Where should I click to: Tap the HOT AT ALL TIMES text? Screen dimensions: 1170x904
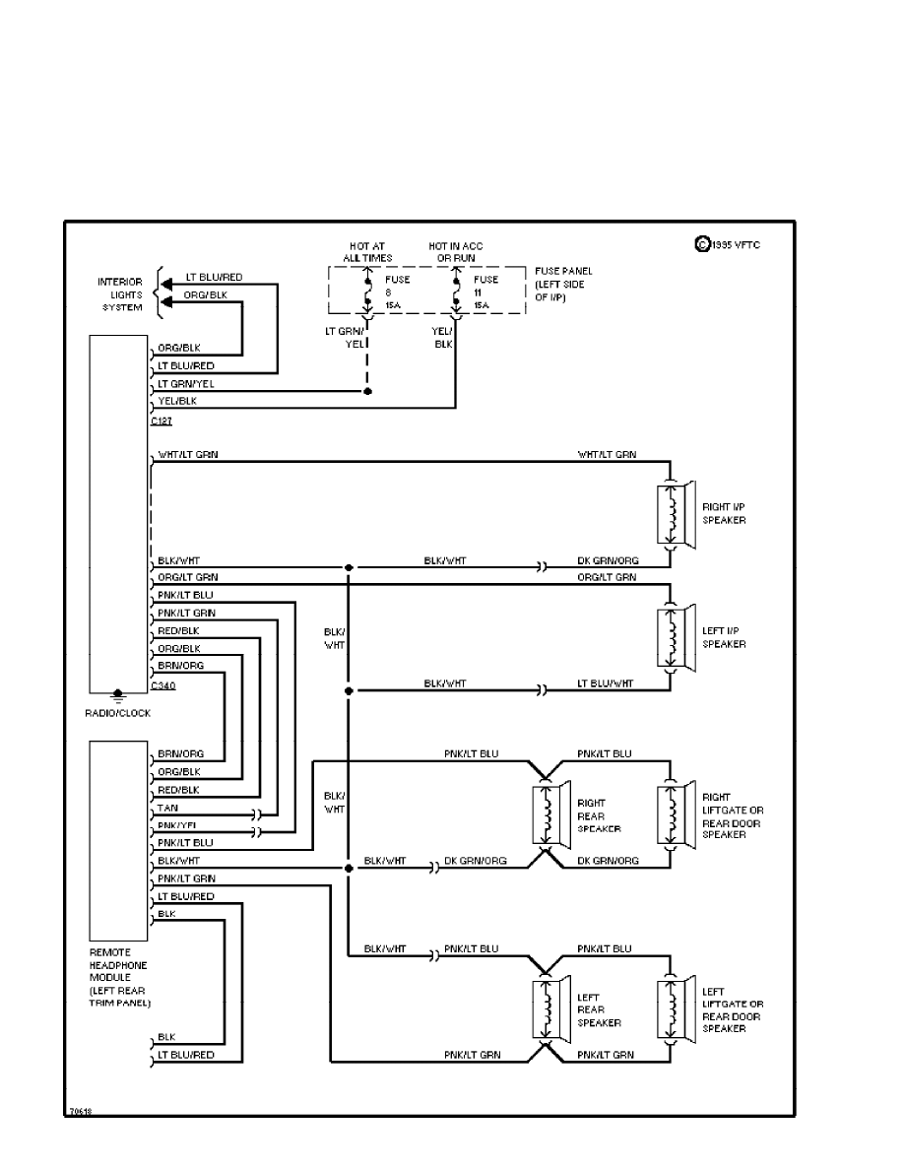(367, 252)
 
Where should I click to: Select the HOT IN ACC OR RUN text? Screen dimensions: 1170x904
(455, 252)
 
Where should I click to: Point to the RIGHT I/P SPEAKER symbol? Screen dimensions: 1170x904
(677, 513)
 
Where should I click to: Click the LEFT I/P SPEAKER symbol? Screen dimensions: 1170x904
(677, 637)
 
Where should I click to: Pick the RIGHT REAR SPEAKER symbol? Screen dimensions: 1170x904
(551, 814)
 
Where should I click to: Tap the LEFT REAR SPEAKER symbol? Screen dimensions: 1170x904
(551, 1009)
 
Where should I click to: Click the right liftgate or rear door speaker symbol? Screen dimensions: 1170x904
(677, 814)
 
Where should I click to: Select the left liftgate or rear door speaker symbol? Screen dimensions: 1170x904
(677, 1009)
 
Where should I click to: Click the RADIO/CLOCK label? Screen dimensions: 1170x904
(118, 713)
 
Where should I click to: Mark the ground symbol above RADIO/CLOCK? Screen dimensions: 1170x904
(117, 695)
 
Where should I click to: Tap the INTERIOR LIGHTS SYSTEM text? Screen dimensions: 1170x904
(119, 294)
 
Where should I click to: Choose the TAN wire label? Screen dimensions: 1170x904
(167, 808)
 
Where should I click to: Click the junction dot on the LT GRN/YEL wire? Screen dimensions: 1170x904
(367, 391)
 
